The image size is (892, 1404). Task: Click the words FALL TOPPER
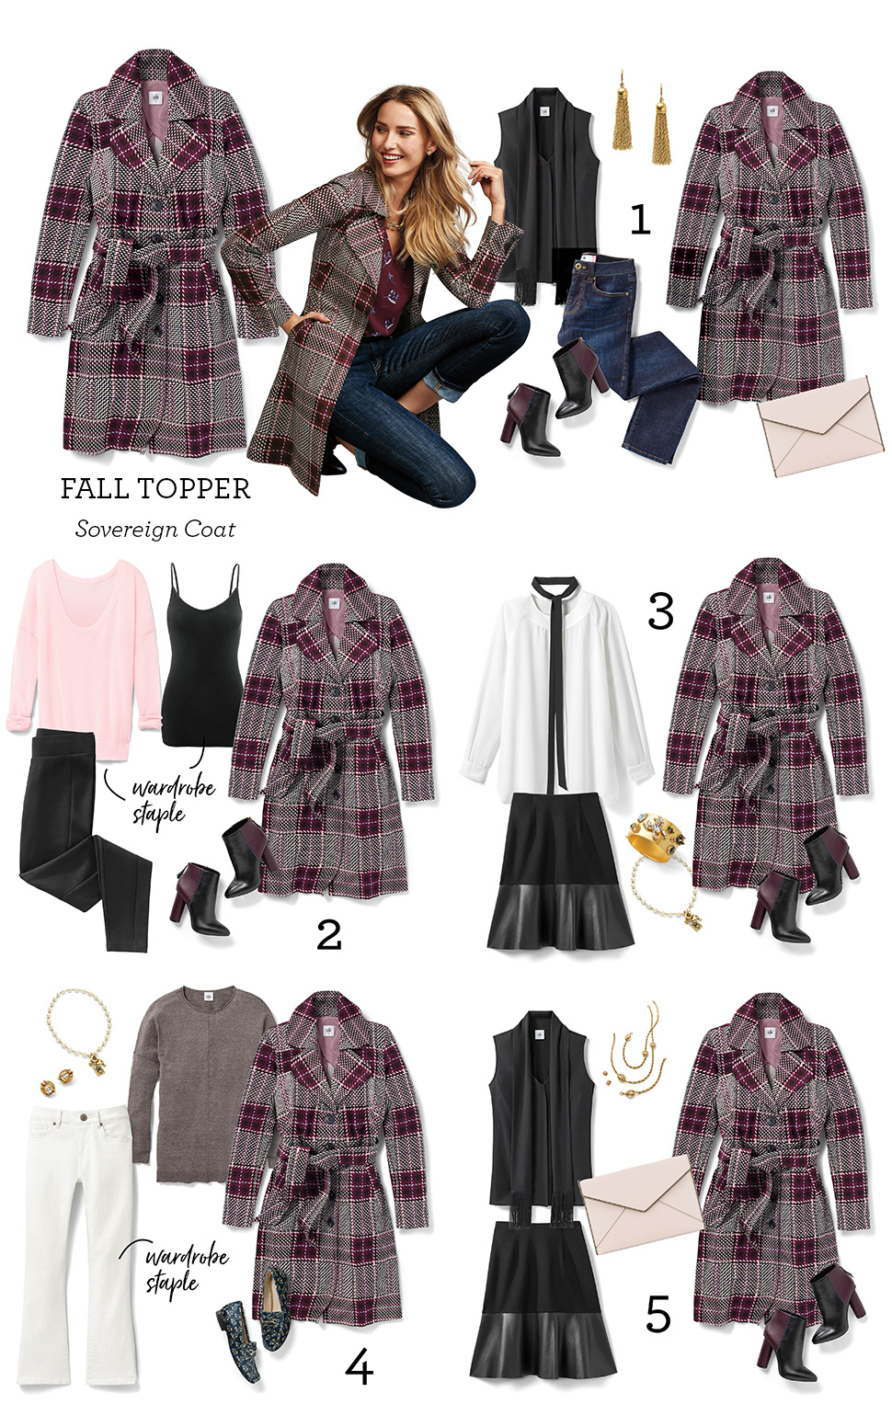coord(155,488)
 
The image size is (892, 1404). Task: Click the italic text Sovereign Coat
coord(155,530)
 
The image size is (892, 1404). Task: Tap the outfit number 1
coord(640,221)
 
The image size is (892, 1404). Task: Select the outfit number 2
coord(328,935)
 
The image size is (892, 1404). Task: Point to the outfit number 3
coord(660,611)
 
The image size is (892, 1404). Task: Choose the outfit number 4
coord(359,1368)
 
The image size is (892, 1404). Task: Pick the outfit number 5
coord(658,1314)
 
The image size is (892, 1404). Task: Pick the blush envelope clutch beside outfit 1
coord(817,428)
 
